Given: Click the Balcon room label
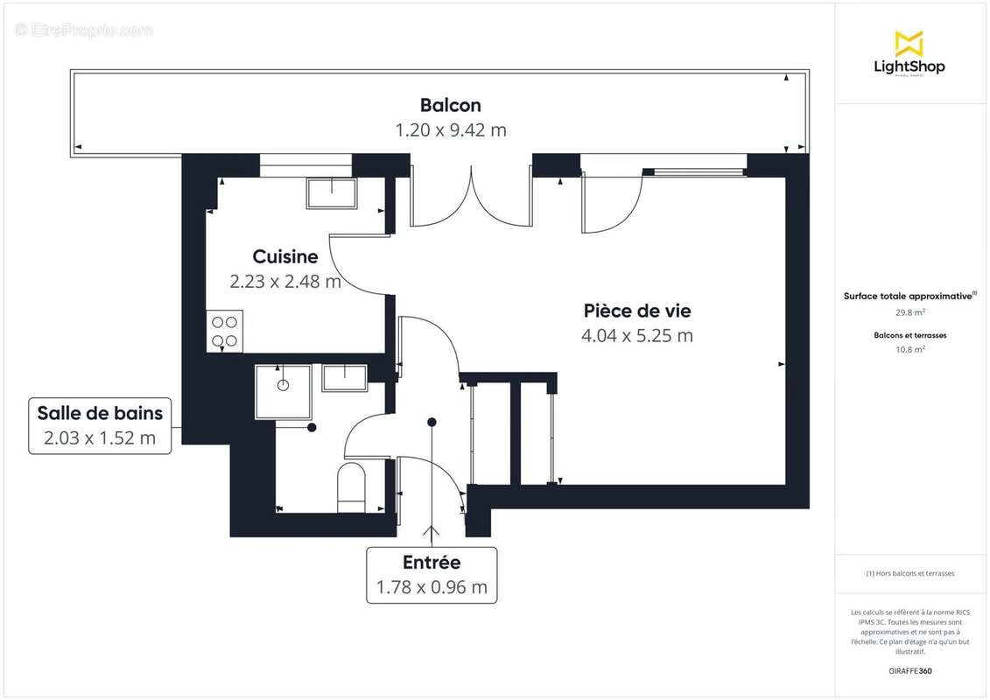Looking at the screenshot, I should point(450,105).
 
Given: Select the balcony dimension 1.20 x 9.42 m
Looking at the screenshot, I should point(450,130).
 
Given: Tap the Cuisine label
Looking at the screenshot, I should point(284,256).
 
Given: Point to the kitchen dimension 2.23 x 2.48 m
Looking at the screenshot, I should point(284,282).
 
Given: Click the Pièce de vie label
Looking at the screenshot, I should point(637,311).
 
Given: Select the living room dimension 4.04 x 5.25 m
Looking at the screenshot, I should point(637,336).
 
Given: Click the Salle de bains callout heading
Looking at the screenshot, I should point(99,413).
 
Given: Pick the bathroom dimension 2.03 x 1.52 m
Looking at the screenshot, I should point(99,438).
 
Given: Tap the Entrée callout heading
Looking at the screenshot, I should point(432,563).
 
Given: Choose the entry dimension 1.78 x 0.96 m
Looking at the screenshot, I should point(432,588).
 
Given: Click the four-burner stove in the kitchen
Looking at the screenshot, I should point(224,331).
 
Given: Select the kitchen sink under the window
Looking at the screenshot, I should point(332,192).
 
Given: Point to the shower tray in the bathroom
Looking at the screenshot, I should point(283,392).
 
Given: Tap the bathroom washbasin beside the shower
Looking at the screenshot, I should point(344,378).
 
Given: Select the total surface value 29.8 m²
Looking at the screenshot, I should point(909,311).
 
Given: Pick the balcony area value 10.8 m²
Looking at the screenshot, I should point(909,348).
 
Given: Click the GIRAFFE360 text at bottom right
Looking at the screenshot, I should point(909,671).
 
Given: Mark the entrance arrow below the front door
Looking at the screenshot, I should point(432,535).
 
